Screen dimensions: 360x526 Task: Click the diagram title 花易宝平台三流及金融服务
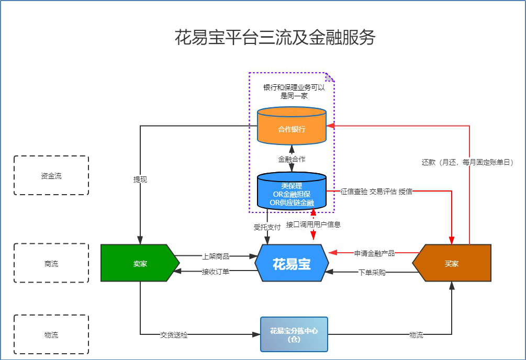coord(274,38)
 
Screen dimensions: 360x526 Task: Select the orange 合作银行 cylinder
coord(292,129)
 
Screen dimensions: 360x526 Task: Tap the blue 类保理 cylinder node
coord(292,194)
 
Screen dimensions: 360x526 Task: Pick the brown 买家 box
coord(452,263)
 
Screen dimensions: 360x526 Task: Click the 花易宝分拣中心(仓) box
coord(294,334)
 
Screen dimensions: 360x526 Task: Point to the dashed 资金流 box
coord(51,176)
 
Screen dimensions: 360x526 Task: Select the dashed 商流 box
coord(51,264)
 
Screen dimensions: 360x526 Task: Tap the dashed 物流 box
coord(51,335)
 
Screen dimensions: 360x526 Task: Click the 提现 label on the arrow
coord(140,179)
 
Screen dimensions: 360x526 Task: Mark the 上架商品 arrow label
coord(216,256)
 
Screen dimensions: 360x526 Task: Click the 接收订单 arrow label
coord(216,272)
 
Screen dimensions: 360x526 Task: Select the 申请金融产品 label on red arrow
coord(374,253)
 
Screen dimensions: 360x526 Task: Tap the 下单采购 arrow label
coord(372,272)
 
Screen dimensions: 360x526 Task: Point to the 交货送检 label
coord(174,335)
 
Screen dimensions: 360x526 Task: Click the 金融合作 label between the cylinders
coord(292,159)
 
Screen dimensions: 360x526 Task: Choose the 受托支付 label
coord(267,227)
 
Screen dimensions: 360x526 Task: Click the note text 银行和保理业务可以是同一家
coord(294,91)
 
